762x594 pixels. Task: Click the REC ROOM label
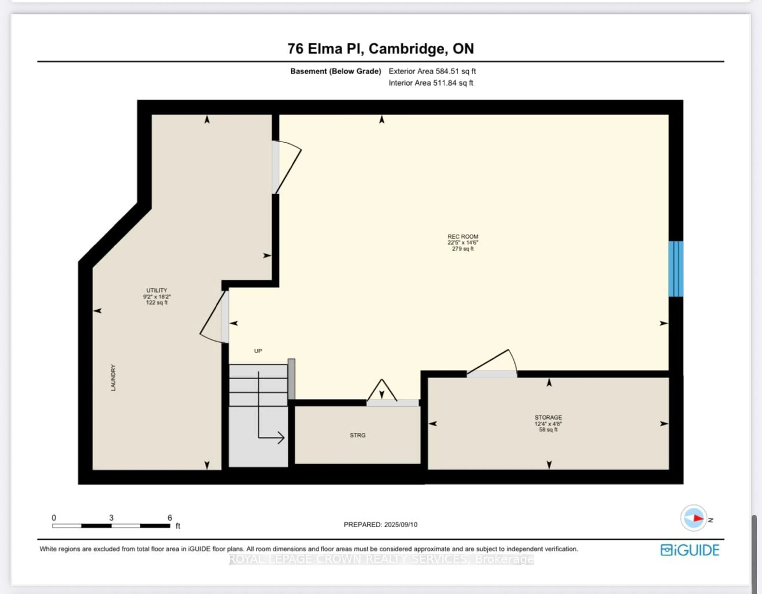point(463,242)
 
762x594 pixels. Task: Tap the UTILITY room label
point(157,296)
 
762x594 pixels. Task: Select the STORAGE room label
point(548,423)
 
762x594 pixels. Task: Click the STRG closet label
point(358,435)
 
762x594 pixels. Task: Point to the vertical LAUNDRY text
point(113,378)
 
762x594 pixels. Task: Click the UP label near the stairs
point(258,351)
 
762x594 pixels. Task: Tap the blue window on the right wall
point(675,269)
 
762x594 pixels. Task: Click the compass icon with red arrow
point(694,518)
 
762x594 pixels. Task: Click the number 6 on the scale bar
point(170,518)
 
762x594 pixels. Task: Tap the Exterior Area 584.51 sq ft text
point(432,71)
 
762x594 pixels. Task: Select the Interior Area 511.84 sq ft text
point(431,83)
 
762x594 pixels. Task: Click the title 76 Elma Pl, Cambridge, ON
point(381,48)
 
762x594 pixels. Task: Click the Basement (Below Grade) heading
point(335,71)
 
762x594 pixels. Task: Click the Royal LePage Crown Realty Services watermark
point(381,559)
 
